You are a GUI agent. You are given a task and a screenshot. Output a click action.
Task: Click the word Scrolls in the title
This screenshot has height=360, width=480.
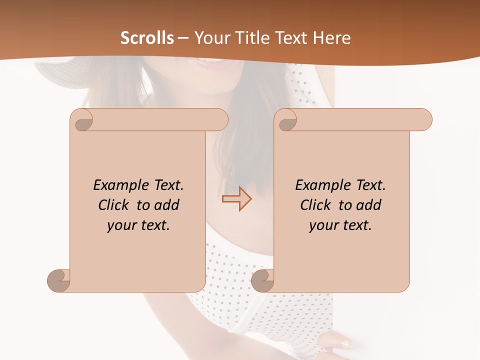point(147,38)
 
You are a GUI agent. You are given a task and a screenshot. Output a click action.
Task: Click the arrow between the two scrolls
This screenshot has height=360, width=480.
point(236,198)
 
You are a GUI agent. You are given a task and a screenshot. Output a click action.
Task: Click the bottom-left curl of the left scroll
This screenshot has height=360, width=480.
point(59,280)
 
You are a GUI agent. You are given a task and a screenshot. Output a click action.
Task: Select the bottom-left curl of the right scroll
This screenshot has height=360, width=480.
point(262,280)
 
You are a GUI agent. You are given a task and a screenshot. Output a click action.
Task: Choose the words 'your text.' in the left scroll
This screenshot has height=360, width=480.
point(138,225)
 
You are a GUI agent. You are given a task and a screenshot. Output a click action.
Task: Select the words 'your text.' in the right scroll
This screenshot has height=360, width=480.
point(340,225)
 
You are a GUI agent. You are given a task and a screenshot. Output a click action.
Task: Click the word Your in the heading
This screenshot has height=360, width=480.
point(210,38)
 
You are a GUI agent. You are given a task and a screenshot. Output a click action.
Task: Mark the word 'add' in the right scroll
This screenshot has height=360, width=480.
point(368,205)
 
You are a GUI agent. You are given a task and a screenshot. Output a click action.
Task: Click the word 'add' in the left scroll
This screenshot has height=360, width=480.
point(166,205)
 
